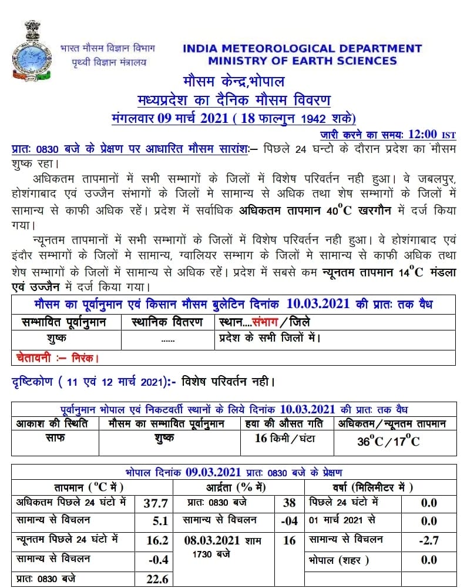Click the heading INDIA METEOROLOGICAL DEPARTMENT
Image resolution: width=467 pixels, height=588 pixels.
tap(302, 48)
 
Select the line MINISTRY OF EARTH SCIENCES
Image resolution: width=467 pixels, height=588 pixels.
tap(302, 61)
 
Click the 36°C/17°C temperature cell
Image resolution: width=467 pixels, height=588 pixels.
tap(388, 442)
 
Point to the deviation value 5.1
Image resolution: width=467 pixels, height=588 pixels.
tap(160, 520)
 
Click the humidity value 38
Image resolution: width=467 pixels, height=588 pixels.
tap(289, 503)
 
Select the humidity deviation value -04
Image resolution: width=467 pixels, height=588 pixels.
tap(289, 520)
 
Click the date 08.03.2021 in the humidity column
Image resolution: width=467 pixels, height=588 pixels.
tap(216, 540)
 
